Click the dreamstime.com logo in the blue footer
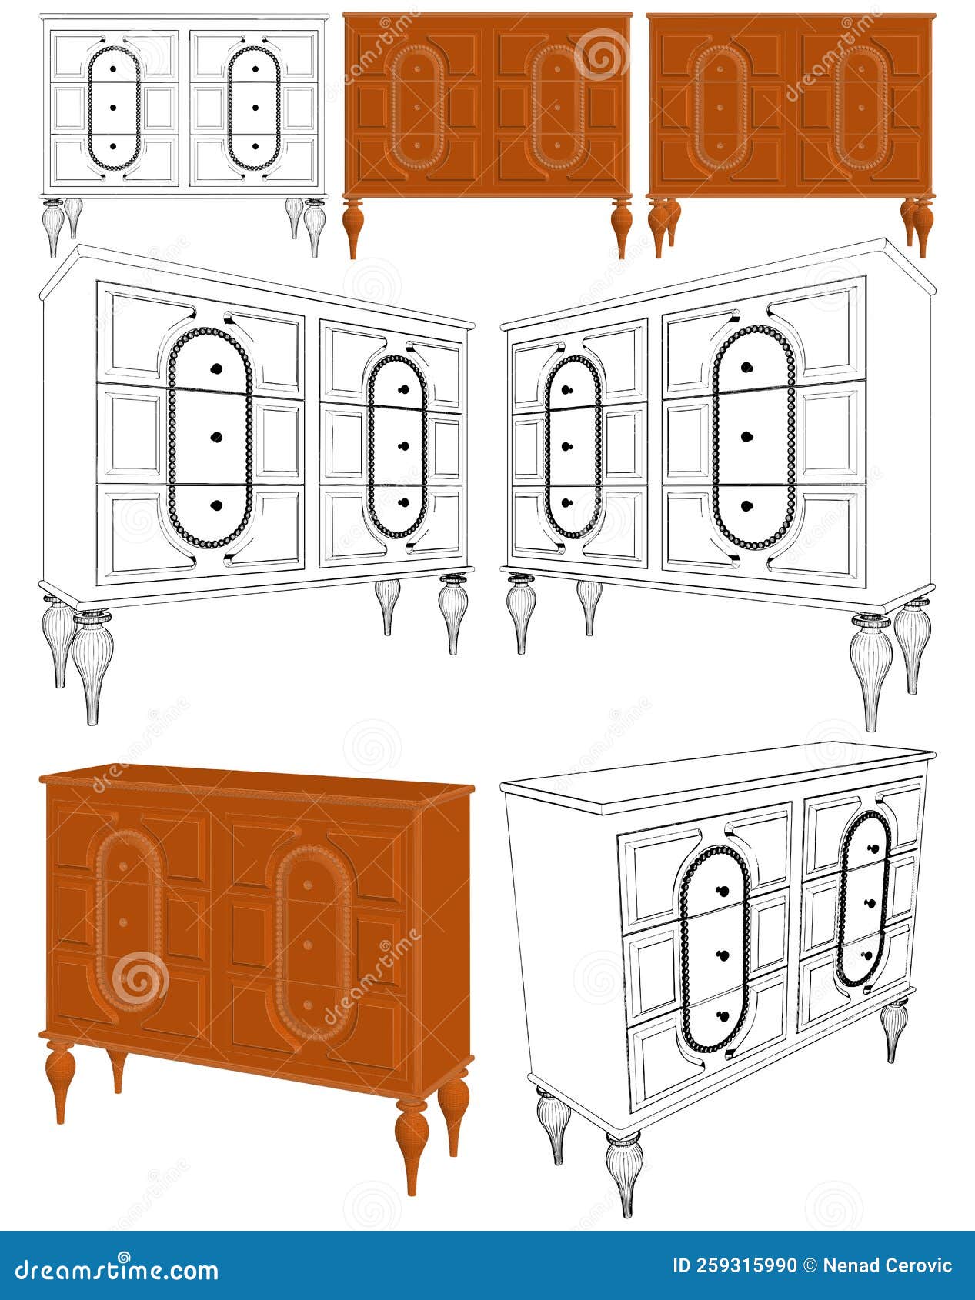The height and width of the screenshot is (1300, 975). [116, 1269]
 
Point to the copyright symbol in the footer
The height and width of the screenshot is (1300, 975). [810, 1265]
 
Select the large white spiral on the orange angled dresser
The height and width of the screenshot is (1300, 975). [139, 980]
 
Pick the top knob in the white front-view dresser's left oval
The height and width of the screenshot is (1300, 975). [113, 68]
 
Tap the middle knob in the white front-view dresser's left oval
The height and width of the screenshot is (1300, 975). [113, 106]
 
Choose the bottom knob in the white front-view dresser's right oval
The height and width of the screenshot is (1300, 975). [254, 145]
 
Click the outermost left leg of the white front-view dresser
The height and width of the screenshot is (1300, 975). [53, 228]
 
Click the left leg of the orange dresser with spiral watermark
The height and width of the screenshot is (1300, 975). [352, 228]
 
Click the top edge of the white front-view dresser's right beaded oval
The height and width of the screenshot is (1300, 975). [254, 48]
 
